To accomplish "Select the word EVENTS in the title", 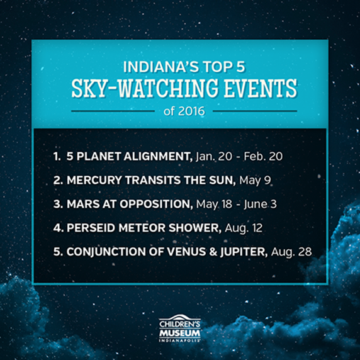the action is (261, 88).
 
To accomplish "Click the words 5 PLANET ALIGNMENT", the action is (130, 157).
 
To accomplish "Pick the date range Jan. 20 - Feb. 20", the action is (239, 157).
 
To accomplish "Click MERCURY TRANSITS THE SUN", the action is (151, 180).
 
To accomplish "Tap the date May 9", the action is (255, 181).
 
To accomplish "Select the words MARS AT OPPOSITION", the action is (130, 204).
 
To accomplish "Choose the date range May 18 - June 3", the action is (237, 205).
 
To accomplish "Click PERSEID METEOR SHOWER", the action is (144, 228).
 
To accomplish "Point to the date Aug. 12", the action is (244, 228).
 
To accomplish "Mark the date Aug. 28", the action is (291, 252).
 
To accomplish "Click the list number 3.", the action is (58, 204).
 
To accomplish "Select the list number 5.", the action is (58, 252).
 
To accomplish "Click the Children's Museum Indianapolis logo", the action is (180, 329).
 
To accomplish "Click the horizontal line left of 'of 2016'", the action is (113, 111).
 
